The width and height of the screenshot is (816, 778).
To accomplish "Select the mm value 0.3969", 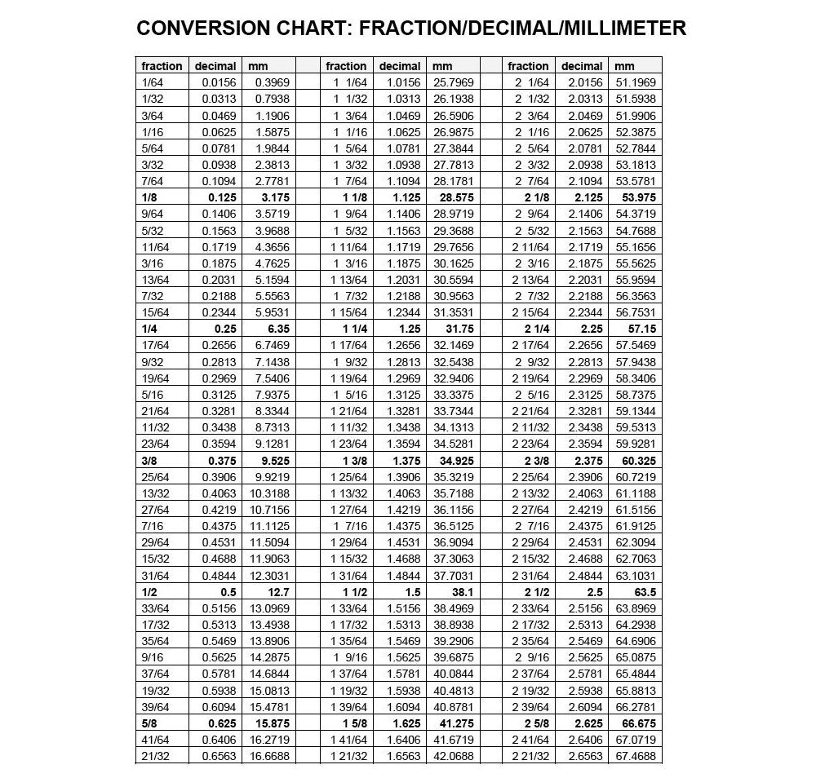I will tap(272, 82).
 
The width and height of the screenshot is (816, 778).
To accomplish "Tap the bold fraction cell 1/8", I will tap(150, 197).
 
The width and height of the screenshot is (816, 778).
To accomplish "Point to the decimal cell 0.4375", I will tap(220, 526).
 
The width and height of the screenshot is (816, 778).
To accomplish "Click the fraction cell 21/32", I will tap(155, 756).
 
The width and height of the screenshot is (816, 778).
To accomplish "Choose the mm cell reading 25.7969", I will tap(453, 82).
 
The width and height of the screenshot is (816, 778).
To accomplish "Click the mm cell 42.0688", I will tap(453, 756).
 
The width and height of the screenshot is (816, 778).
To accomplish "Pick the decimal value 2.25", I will tap(589, 329).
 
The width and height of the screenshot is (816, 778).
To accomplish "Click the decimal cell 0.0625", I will tap(220, 131).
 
